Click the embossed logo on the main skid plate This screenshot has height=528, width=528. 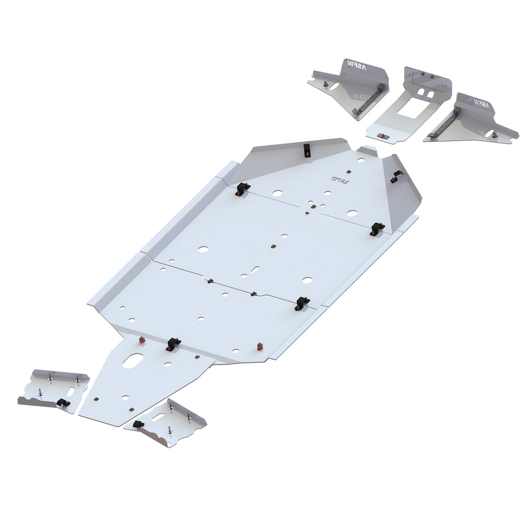340,180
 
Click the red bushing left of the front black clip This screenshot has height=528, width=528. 143,341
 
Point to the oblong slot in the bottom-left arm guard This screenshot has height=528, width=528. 71,390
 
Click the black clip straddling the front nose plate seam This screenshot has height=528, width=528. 173,344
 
